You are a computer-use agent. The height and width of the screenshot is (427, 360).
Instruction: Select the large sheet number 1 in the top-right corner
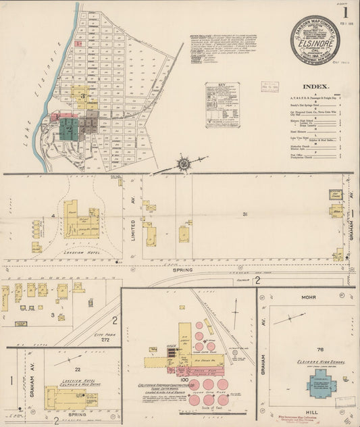345,12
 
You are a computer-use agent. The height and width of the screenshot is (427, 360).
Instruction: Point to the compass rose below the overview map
184,163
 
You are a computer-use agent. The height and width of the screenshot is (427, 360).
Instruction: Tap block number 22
78,369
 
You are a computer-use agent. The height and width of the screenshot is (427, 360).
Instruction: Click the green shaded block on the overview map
68,128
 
